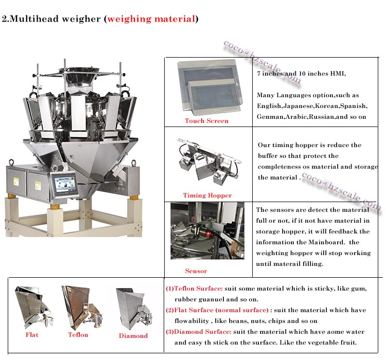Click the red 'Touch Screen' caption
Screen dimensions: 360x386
click(206, 121)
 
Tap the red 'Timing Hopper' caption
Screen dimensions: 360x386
click(207, 195)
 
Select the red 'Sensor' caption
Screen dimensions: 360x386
click(196, 271)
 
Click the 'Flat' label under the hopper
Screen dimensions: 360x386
click(32, 335)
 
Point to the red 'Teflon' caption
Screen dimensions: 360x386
click(78, 335)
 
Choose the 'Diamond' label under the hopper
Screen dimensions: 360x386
click(133, 336)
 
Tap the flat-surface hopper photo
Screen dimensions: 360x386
click(32, 307)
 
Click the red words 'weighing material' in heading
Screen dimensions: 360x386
click(150, 20)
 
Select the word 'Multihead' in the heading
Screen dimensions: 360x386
click(30, 20)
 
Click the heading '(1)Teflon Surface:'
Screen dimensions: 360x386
click(194, 289)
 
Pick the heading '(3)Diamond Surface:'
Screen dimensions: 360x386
click(198, 332)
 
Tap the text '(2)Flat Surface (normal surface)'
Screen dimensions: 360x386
click(217, 310)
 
